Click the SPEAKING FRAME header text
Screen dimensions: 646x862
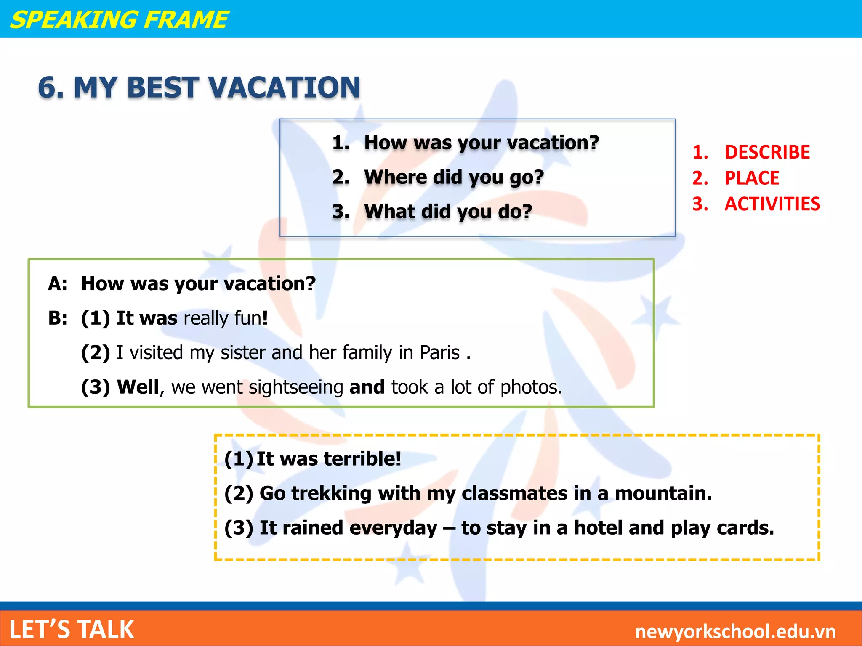pos(119,20)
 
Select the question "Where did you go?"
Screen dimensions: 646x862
pos(454,177)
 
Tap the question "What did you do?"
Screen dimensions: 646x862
pos(448,212)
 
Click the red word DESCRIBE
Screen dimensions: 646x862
pos(767,152)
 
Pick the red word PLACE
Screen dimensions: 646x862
pos(752,178)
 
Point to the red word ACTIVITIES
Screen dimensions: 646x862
pos(772,204)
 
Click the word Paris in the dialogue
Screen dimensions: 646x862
pos(439,352)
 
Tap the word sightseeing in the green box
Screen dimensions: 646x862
pos(296,387)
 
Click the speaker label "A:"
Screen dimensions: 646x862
pos(58,284)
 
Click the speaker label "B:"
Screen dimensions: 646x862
pos(58,318)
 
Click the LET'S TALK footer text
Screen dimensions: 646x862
pos(72,630)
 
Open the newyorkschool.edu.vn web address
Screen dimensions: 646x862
pos(735,631)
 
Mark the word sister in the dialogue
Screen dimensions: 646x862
pos(243,352)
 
